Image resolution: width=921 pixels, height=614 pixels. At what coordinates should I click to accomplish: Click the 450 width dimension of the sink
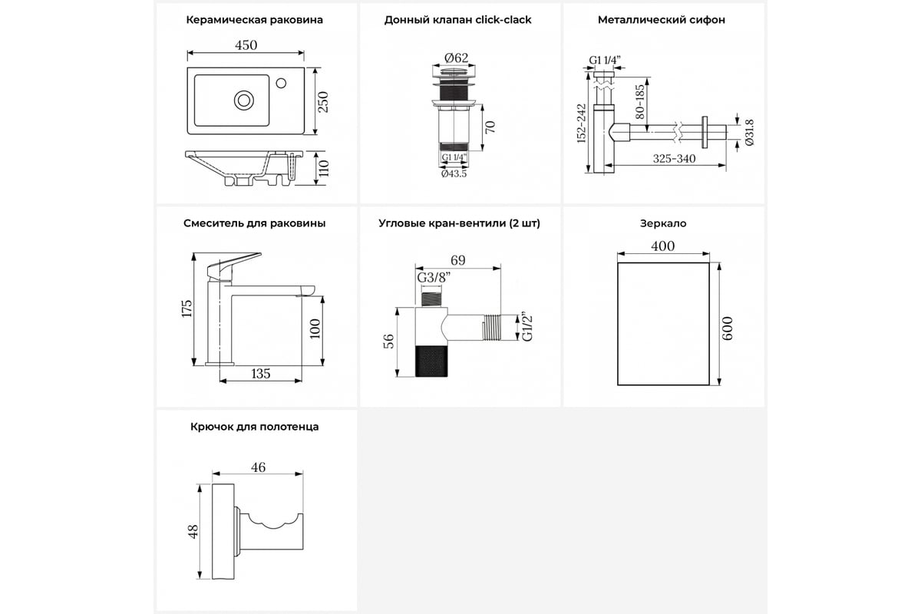point(246,45)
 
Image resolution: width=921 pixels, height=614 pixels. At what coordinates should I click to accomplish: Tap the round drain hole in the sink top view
point(245,99)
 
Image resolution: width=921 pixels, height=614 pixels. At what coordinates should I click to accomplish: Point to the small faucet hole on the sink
point(281,81)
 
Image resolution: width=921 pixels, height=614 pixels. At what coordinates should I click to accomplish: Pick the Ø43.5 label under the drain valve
point(454,174)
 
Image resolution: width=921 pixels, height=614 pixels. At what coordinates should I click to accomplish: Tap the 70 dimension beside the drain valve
point(490,126)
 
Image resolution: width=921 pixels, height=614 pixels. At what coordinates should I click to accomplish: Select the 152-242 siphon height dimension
point(581,124)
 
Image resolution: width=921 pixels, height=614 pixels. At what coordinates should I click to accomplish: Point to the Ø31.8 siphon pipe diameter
point(748,130)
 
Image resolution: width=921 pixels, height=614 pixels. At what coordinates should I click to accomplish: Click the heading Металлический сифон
point(662,20)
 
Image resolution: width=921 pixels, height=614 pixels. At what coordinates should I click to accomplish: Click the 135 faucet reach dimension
point(261,374)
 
